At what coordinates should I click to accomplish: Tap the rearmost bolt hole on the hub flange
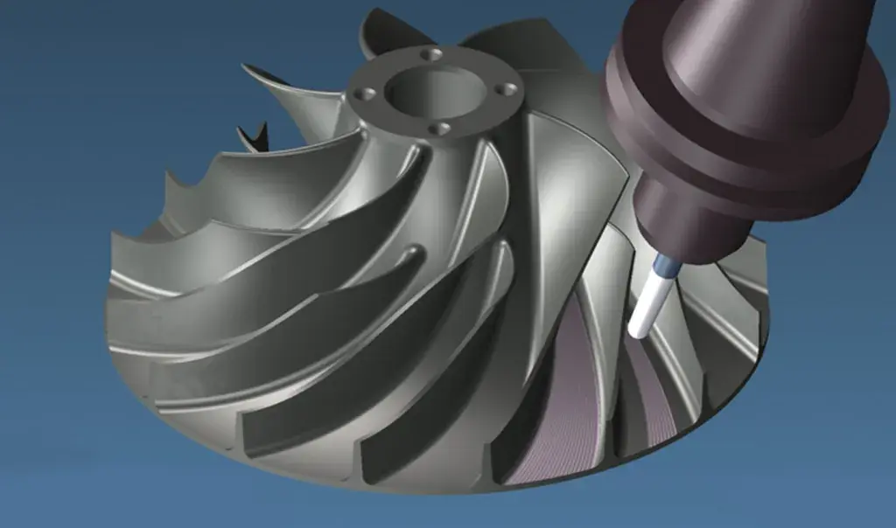click(x=430, y=54)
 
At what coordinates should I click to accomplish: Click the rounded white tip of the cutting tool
click(x=639, y=329)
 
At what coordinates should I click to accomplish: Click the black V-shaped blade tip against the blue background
click(x=254, y=135)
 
